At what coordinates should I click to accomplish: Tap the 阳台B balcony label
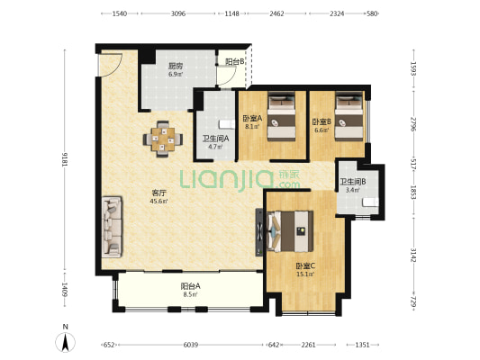pos(235,62)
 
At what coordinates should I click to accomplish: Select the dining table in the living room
pos(163,139)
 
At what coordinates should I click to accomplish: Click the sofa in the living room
pos(112,226)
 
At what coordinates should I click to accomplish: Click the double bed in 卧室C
pos(290,231)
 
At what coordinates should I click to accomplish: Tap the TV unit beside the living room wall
pos(259,232)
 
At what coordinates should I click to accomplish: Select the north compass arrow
pos(65,342)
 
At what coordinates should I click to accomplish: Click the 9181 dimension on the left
pos(65,159)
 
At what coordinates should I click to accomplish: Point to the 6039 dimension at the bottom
pos(191,345)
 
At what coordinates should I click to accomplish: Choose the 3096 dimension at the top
pos(178,13)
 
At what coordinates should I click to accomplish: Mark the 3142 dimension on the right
pos(413,255)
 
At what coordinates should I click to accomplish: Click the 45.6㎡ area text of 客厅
pos(158,202)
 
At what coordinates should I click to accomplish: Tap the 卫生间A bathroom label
pos(215,139)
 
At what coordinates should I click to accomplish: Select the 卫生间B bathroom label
pos(353,182)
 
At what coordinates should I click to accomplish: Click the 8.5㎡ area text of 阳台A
pos(190,294)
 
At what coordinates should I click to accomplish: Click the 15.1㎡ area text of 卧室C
pos(305,274)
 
